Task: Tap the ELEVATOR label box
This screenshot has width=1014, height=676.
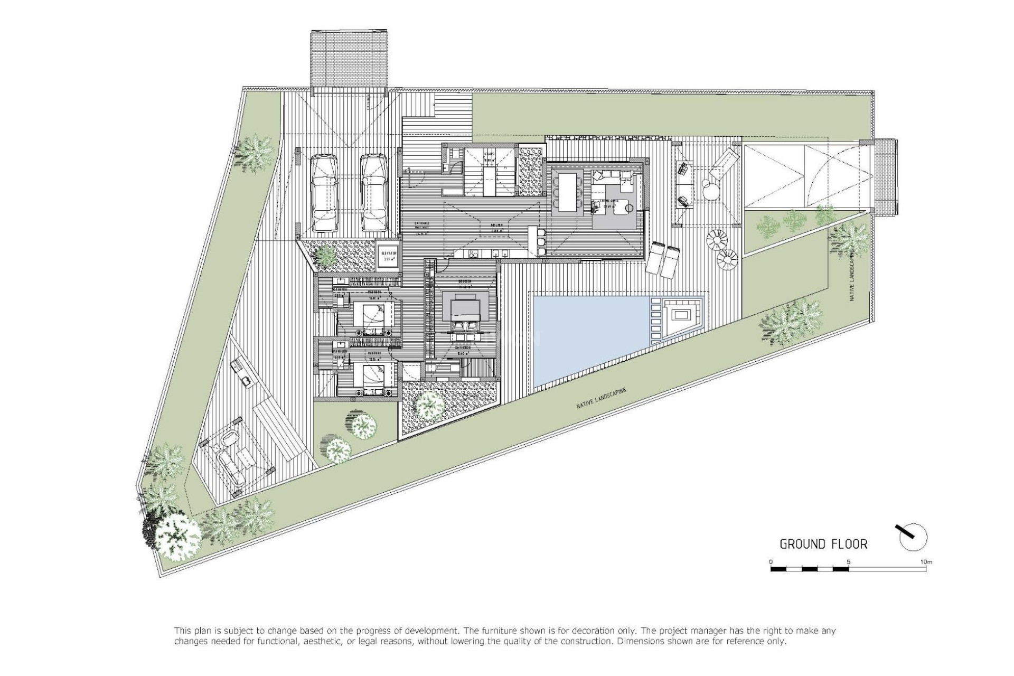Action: click(388, 256)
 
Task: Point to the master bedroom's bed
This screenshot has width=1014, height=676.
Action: click(465, 309)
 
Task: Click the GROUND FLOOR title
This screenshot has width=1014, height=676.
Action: click(823, 544)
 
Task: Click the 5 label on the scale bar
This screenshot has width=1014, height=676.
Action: click(848, 561)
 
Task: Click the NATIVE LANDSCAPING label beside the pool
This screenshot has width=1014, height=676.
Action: click(601, 399)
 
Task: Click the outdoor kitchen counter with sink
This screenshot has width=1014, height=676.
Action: click(244, 373)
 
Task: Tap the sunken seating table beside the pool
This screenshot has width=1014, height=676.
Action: click(681, 317)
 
